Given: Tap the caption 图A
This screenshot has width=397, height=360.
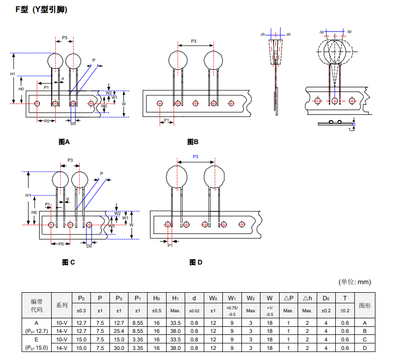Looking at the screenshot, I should click(x=65, y=142).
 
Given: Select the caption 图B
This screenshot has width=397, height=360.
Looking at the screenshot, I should click(x=193, y=142).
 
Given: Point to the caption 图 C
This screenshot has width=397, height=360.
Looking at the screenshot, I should click(x=69, y=262).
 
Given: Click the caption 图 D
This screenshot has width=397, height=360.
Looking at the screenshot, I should click(x=196, y=262).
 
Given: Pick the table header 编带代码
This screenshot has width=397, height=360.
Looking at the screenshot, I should click(x=37, y=305).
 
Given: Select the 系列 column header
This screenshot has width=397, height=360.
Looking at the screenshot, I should click(x=62, y=305).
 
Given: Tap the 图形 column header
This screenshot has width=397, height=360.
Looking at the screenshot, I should click(x=365, y=305).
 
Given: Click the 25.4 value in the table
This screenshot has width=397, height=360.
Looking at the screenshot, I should click(x=119, y=331).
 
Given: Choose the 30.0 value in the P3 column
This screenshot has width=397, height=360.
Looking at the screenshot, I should click(x=119, y=347).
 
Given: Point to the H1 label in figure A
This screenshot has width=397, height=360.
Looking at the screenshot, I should click(x=13, y=74).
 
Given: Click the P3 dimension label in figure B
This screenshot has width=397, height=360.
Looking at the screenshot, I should click(x=194, y=41).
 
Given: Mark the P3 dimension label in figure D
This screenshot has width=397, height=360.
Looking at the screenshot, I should click(x=195, y=157).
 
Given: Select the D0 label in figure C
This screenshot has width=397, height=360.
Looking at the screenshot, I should click(x=89, y=246).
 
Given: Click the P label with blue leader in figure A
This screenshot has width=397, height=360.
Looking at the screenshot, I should click(x=93, y=60).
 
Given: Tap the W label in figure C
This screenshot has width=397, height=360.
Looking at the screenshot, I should click(x=131, y=225).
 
